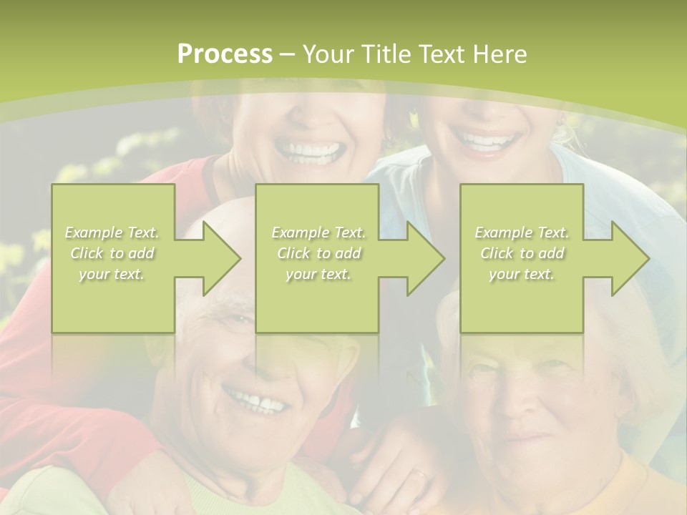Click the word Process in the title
[x=225, y=54]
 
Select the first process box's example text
[x=112, y=253]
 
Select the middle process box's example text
[x=318, y=253]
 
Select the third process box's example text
[x=522, y=253]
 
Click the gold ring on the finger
[x=420, y=473]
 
